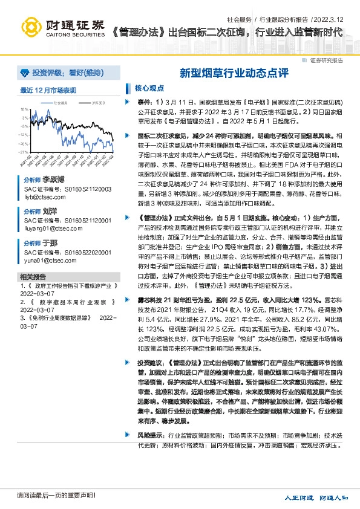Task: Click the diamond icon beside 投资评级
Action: (24, 73)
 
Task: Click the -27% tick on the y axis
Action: (24, 152)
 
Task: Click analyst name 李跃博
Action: (53, 180)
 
